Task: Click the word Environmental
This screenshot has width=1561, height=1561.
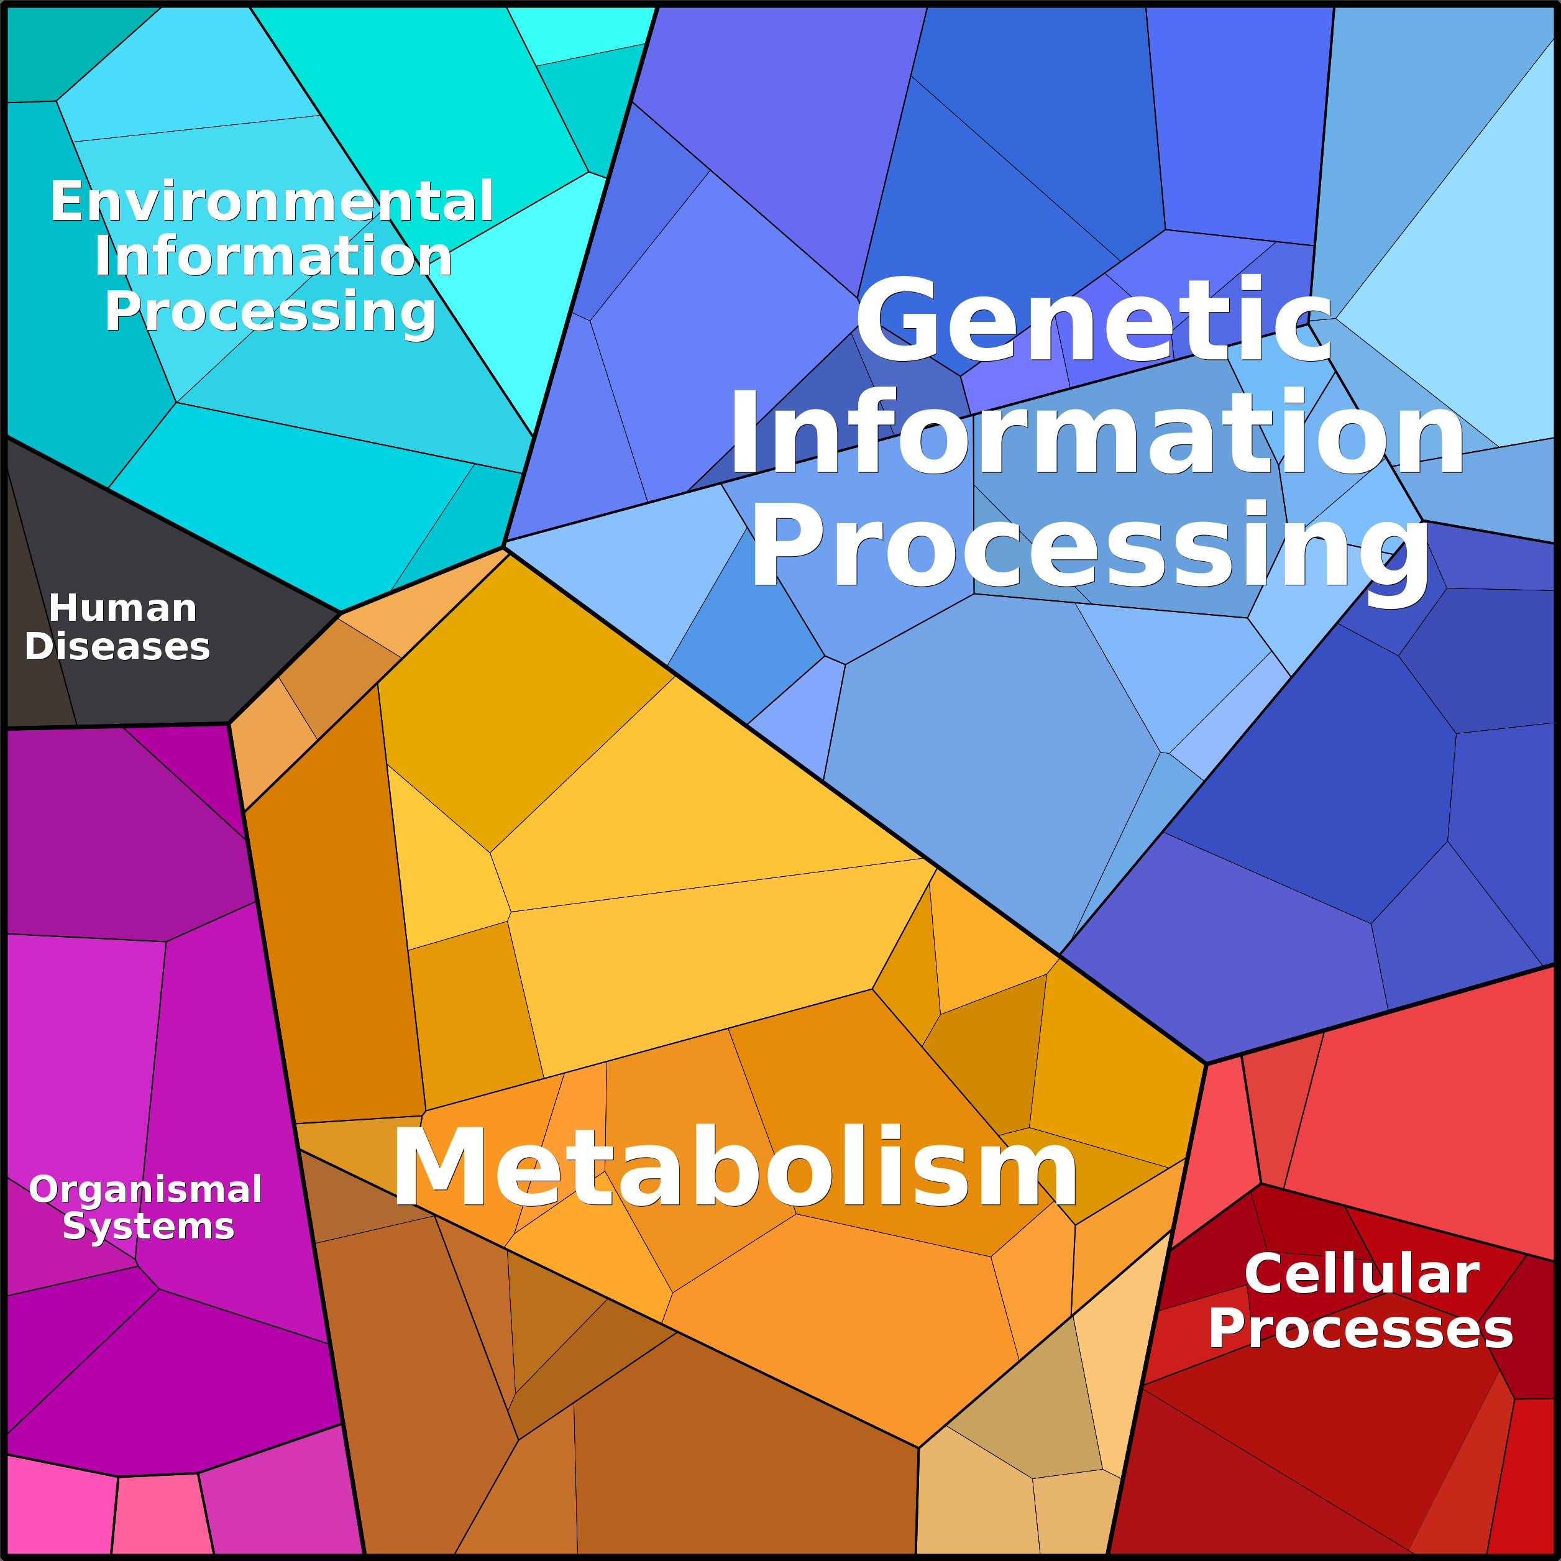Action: coord(272,201)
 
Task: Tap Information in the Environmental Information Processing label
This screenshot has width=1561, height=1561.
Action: coord(273,256)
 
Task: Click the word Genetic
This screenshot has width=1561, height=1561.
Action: coord(1093,320)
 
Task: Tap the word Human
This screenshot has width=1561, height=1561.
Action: coord(123,608)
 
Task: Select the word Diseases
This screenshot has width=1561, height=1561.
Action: coord(117,646)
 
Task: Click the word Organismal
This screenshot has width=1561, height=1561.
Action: coord(145,1189)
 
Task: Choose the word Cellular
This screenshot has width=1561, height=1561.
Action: coord(1362,1274)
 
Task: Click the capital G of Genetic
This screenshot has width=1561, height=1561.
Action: coord(897,320)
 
